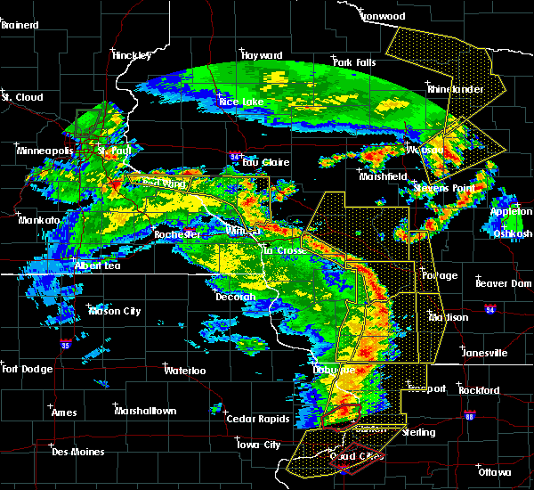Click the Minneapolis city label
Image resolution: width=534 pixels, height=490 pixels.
(44, 151)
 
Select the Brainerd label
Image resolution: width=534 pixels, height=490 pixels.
(20, 25)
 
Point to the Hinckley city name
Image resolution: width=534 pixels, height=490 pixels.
(133, 55)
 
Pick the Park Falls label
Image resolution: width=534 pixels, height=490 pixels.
(354, 62)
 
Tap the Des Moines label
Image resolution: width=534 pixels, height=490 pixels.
(77, 452)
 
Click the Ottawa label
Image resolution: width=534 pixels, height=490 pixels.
(492, 471)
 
